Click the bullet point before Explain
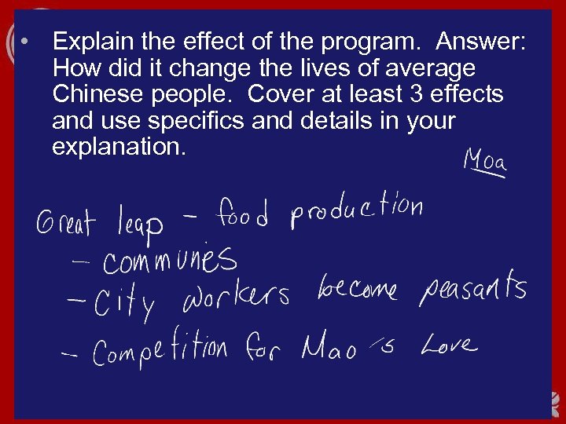tap(26, 41)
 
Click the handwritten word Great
tap(64, 221)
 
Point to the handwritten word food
tap(243, 214)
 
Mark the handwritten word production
tap(357, 210)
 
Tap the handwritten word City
tap(123, 302)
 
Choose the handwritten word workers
tap(236, 296)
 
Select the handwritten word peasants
tap(472, 290)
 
